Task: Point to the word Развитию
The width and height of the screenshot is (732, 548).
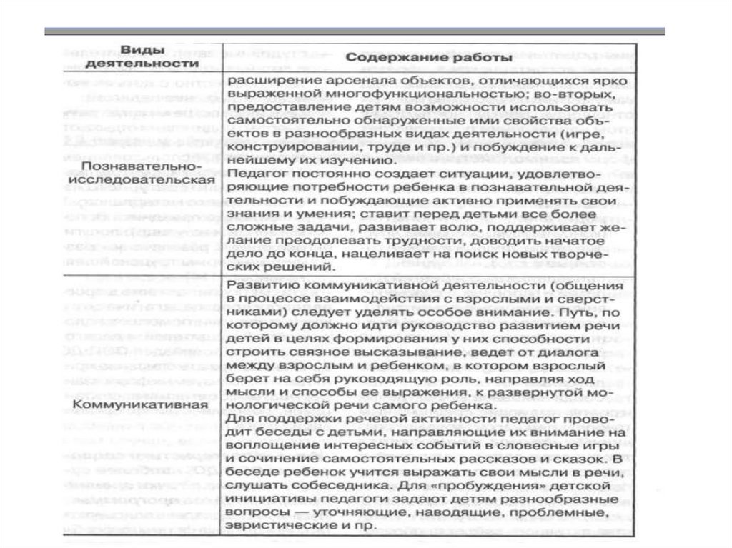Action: coord(257,285)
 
